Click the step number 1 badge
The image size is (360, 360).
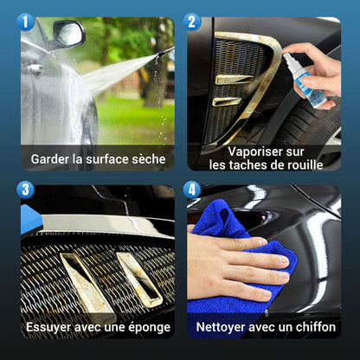25,22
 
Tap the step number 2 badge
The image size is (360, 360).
192,22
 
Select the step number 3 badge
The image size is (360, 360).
25,190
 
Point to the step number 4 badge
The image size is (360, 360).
192,190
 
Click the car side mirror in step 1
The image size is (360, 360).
69,34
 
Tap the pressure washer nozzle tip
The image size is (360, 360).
158,54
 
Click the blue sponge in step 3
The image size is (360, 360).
31,219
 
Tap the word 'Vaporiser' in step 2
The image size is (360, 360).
251,152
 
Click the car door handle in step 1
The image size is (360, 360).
35,68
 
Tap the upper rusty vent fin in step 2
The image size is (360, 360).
235,80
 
